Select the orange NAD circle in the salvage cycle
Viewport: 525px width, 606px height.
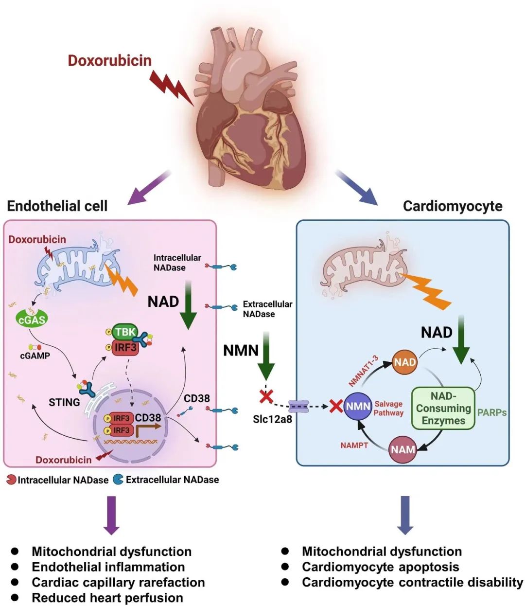404,362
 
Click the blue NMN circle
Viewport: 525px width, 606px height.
358,405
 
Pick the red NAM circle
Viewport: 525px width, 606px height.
403,449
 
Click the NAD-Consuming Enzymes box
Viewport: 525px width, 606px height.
443,409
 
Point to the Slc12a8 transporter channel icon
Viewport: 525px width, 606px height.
298,407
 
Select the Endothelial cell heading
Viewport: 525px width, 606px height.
57,206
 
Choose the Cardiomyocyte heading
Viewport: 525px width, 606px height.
453,206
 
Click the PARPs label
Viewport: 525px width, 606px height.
492,412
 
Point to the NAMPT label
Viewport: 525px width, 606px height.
354,445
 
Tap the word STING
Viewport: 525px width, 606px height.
64,402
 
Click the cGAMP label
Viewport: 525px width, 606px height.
35,356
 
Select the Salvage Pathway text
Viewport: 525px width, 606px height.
388,408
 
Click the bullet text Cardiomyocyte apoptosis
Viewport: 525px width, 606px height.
380,567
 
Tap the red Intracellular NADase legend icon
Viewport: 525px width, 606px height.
11,480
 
